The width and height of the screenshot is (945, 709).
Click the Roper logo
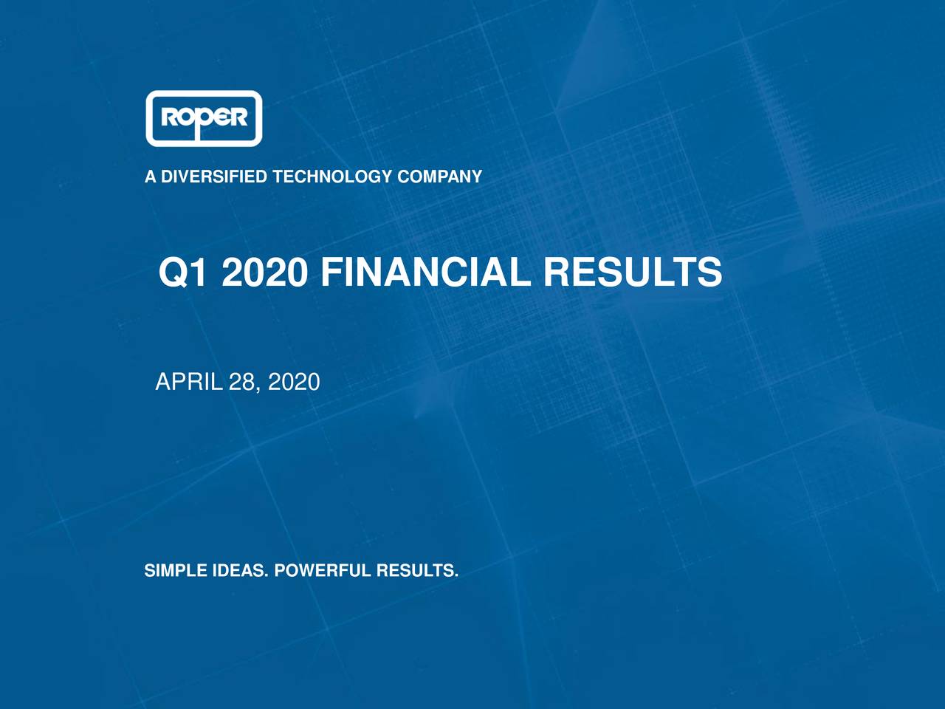(204, 118)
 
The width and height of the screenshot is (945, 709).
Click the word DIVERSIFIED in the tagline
(214, 177)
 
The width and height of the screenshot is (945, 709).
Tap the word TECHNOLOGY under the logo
(332, 177)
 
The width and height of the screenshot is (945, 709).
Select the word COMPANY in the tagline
(439, 177)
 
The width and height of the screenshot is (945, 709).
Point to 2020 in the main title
(264, 273)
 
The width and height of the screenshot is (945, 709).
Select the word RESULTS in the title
(633, 273)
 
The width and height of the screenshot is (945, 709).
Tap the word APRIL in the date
(189, 382)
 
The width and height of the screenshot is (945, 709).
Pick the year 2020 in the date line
(294, 382)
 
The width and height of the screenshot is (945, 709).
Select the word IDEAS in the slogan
(239, 571)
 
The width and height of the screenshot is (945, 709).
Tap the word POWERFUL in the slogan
(321, 571)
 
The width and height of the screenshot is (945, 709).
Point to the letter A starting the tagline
(151, 177)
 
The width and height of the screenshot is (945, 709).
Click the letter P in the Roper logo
(202, 120)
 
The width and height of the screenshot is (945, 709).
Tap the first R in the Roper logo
(169, 118)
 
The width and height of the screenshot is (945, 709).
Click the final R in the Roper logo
(237, 118)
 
